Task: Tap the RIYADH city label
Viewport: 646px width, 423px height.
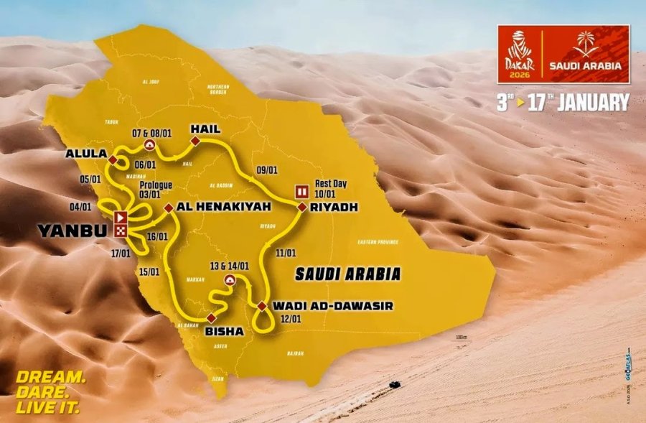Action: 334,208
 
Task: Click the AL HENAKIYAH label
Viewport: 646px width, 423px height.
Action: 214,207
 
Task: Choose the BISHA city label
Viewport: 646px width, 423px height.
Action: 224,331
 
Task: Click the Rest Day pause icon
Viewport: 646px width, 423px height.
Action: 302,192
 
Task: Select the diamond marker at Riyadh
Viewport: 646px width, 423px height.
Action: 302,207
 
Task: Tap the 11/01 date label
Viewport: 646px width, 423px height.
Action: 286,253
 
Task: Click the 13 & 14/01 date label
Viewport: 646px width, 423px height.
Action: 230,265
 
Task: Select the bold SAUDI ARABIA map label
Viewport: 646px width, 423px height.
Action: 347,274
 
